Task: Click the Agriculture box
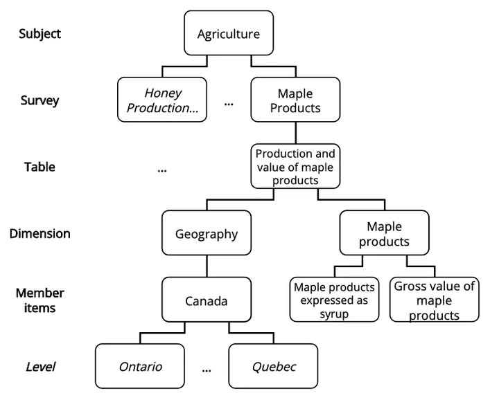229,33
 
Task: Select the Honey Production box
162,100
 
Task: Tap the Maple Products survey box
295,100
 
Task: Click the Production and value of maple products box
295,166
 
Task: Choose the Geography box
207,233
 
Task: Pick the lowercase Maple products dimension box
384,233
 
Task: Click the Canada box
207,299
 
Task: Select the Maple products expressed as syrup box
334,299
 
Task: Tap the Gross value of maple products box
434,299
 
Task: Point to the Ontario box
140,365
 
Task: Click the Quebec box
273,365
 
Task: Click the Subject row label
40,34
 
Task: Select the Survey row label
40,101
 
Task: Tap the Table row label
40,167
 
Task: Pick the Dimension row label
40,233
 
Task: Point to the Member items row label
40,300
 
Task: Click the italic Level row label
40,367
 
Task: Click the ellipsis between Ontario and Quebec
207,370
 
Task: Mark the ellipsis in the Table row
162,171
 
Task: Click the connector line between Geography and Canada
207,266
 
